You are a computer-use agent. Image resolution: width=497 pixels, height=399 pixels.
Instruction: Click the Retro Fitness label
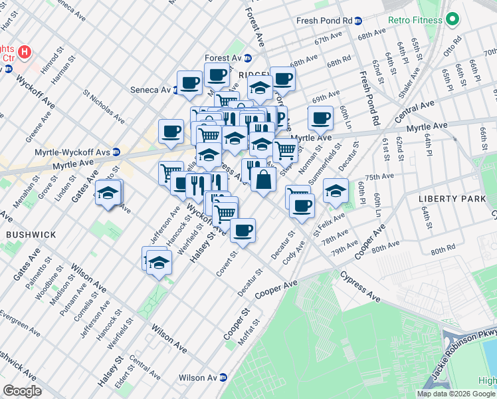pos(415,20)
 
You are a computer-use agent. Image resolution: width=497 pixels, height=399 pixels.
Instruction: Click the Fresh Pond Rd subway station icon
pos(359,21)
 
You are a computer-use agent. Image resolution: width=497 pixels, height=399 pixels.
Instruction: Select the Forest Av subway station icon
pos(247,58)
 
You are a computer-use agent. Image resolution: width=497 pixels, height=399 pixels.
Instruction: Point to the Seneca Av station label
pos(150,90)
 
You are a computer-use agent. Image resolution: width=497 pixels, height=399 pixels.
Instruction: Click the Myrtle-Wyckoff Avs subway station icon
pos(116,151)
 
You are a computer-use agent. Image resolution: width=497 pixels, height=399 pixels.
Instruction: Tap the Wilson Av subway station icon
pos(223,378)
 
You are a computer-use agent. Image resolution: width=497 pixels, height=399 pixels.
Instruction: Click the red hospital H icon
pos(24,51)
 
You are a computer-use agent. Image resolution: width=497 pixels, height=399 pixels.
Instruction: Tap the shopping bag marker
pos(263,178)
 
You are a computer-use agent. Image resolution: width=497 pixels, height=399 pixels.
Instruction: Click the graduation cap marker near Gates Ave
pos(108,193)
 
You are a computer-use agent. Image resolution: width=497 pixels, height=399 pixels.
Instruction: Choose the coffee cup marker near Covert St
pos(243,230)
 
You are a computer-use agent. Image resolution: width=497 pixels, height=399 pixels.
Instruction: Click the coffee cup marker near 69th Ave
pos(320,118)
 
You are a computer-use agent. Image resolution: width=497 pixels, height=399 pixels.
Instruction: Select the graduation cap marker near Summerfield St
pos(336,190)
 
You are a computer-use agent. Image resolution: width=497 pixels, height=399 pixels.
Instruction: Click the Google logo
pos(22,391)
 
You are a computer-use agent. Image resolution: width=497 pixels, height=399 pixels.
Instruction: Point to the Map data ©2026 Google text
pos(456,394)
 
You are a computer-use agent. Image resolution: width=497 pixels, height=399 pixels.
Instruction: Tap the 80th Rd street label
pos(442,251)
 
